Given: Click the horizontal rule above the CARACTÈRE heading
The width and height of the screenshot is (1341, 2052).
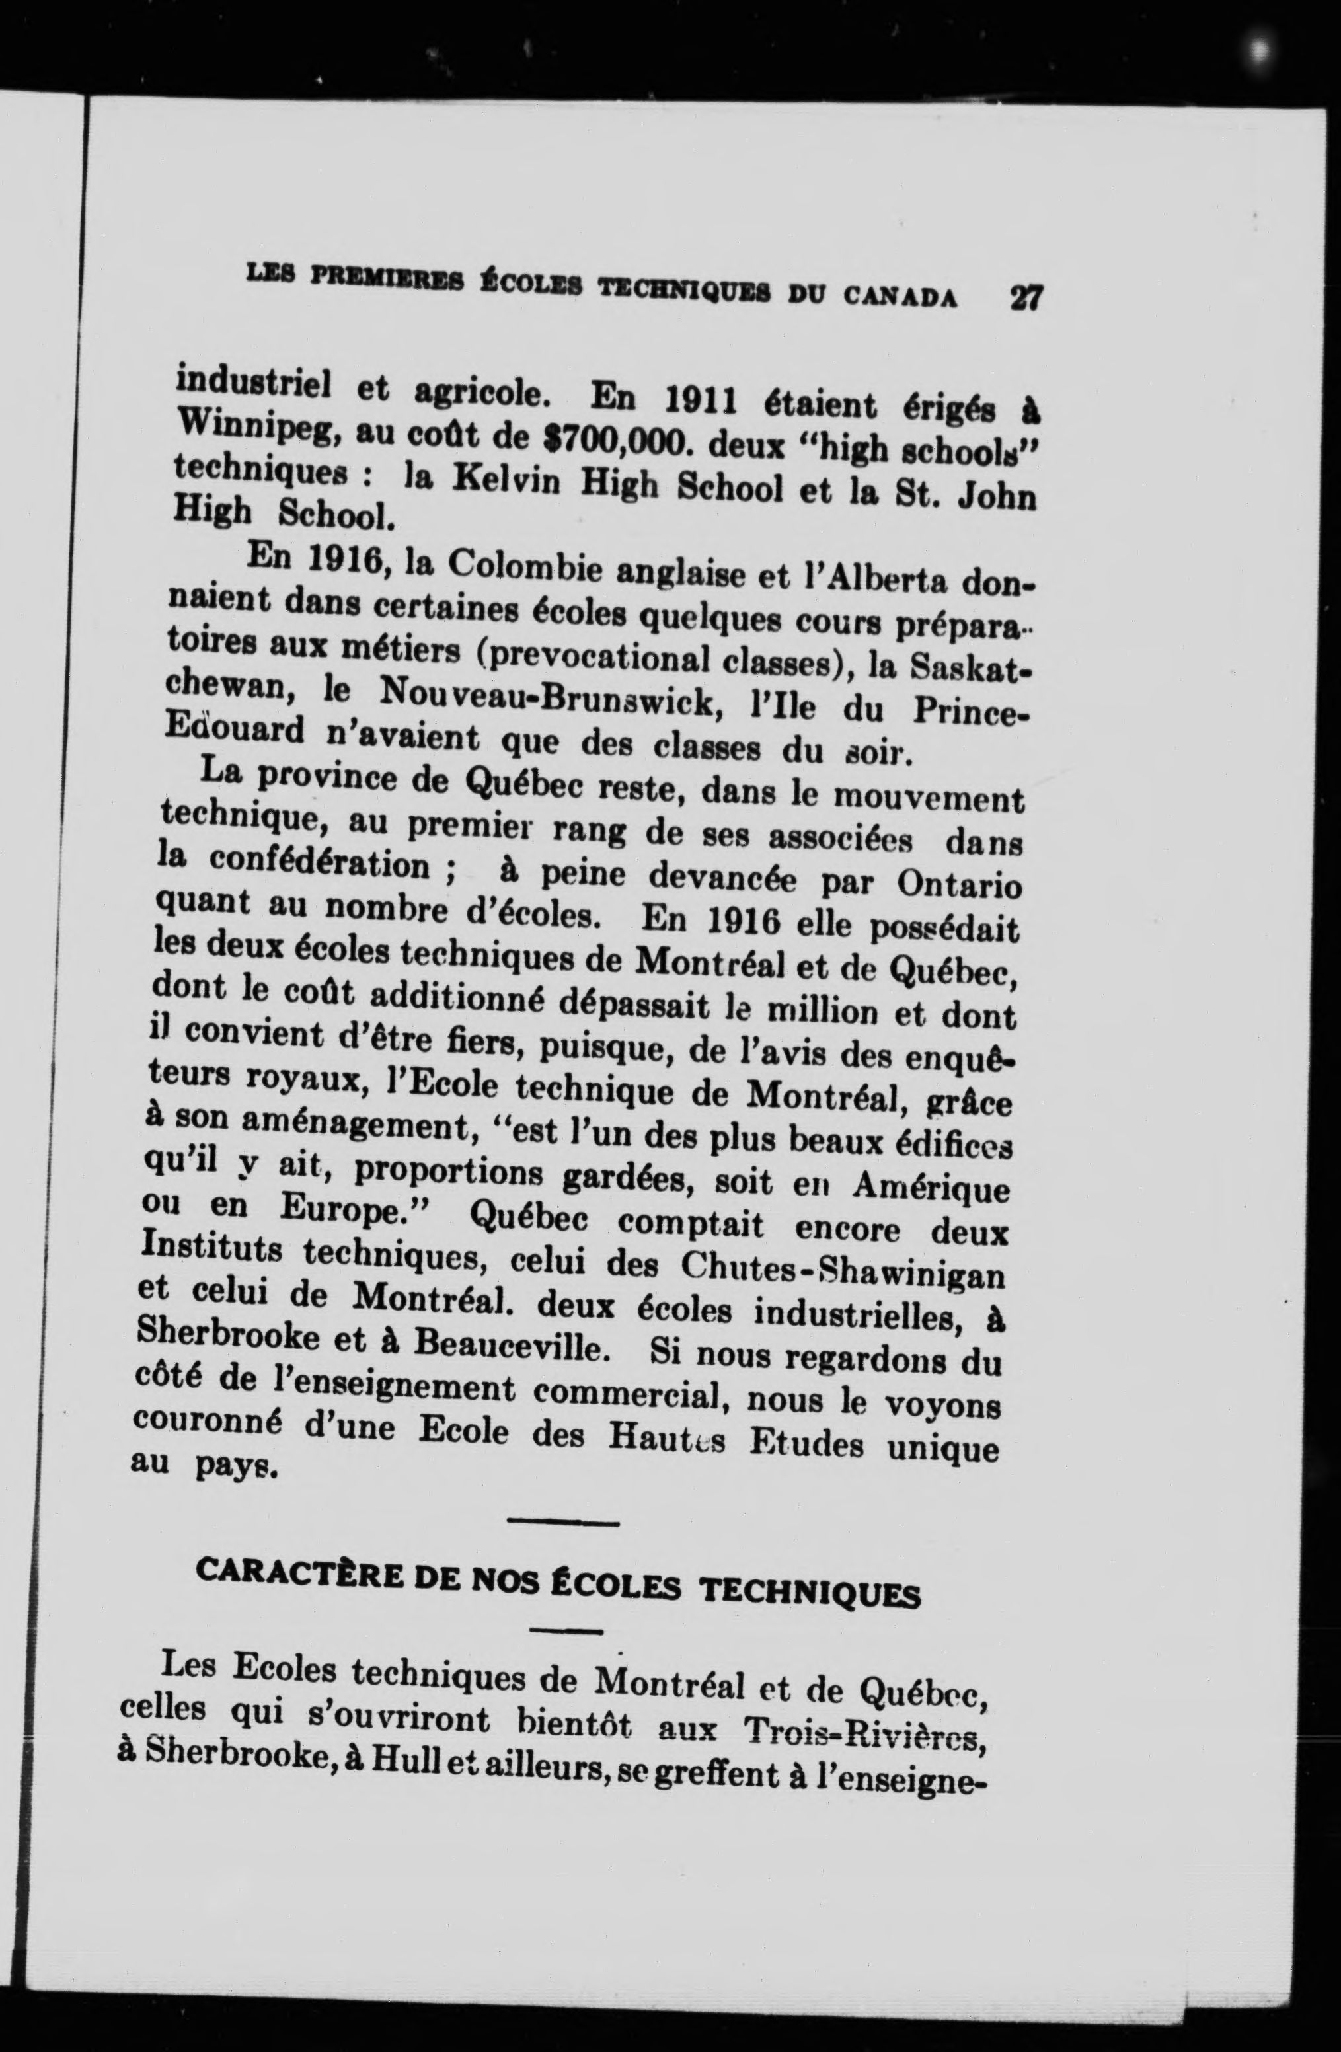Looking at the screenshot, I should [563, 1523].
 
